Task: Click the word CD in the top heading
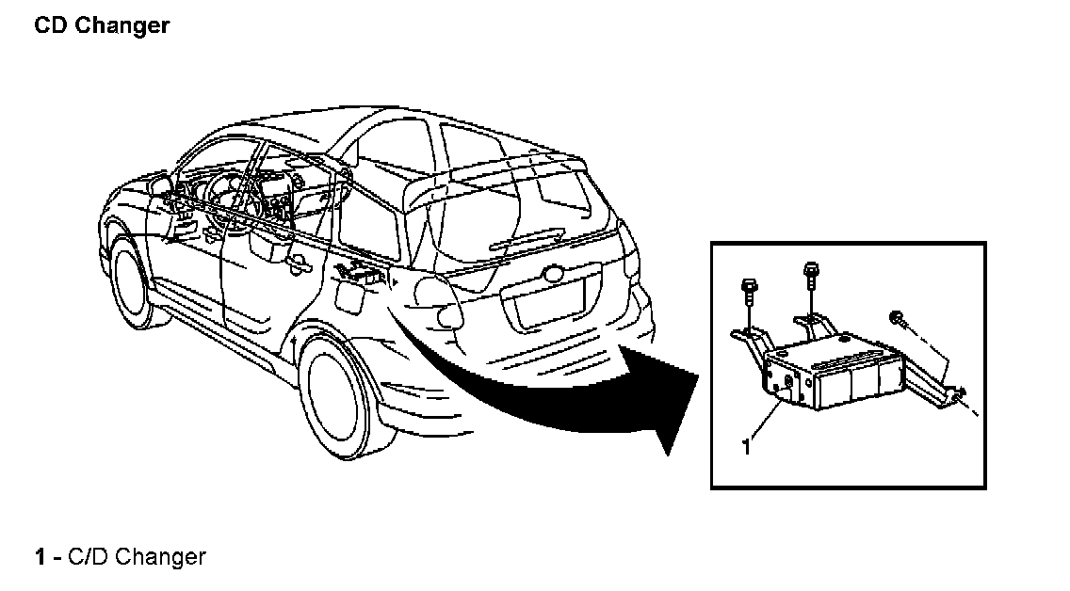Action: coord(51,25)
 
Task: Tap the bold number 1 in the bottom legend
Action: coord(41,557)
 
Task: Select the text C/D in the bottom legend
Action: coord(87,557)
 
